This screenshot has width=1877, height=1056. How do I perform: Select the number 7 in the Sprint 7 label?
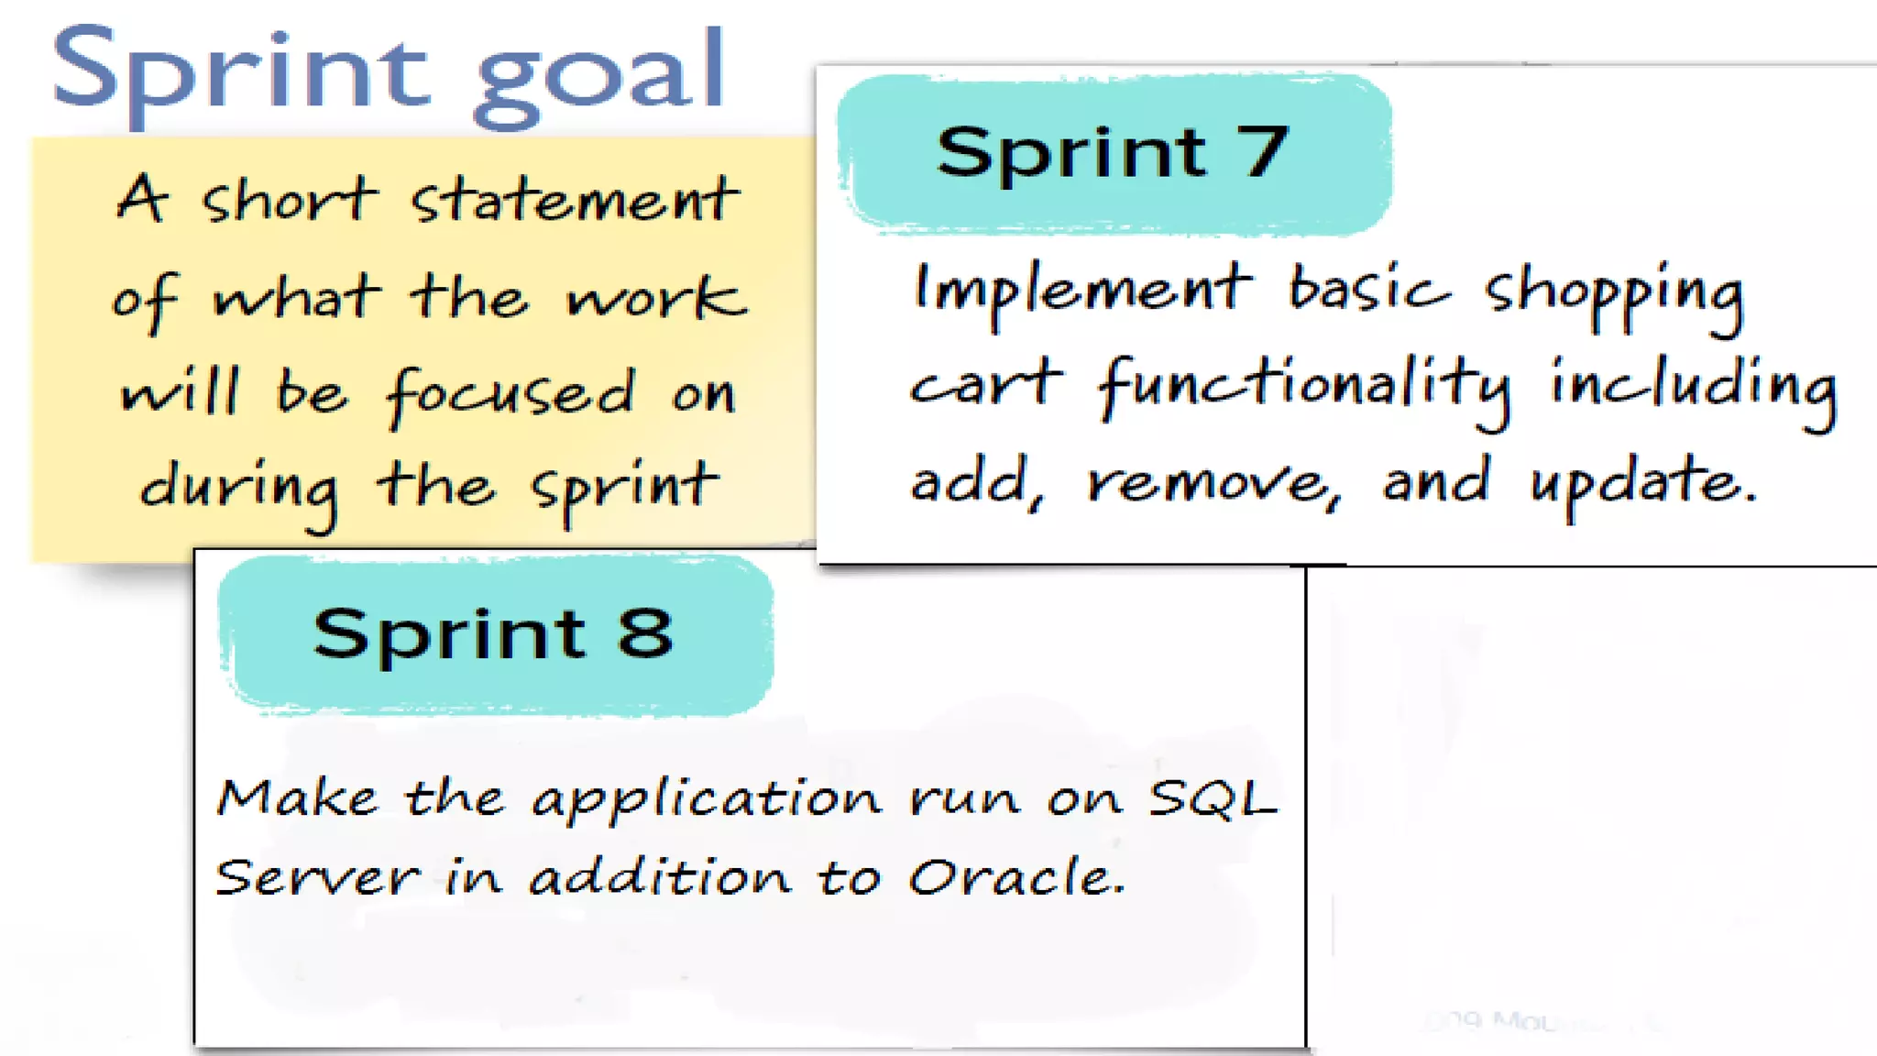[1265, 151]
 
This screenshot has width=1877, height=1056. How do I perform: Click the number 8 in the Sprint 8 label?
[645, 632]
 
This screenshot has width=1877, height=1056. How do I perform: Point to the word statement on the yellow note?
[575, 200]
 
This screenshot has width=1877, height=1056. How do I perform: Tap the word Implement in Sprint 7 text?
[1081, 289]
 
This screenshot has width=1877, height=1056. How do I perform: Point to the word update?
[1641, 482]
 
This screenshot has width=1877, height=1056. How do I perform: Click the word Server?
[317, 877]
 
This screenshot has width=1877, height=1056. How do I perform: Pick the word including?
[1694, 385]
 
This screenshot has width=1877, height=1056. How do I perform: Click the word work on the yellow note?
[654, 298]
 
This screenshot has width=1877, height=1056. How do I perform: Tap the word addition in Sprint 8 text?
[660, 877]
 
